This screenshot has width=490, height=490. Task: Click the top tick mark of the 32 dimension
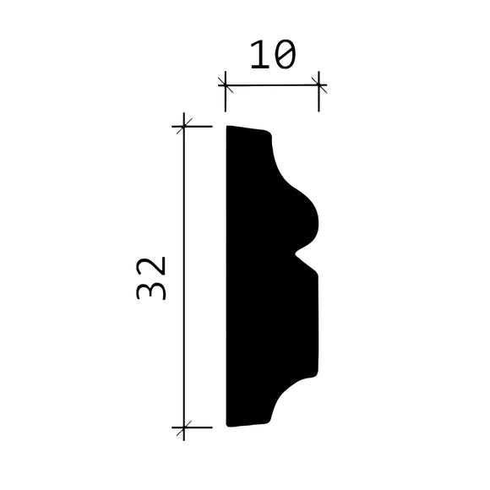(x=184, y=127)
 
